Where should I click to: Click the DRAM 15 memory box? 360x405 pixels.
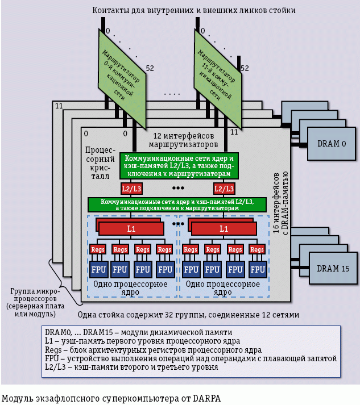point(328,268)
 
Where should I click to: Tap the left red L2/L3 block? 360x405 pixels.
point(131,188)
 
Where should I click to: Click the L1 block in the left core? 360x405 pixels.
point(131,228)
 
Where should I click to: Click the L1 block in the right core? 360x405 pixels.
point(224,228)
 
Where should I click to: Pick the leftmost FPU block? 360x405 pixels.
point(97,269)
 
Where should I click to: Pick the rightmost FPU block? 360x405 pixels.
point(258,269)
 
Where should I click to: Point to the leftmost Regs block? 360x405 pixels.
point(97,249)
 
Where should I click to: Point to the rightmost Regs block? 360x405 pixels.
point(258,249)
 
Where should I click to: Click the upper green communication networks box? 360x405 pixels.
point(179,165)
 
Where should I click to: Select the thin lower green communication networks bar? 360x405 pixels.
point(177,204)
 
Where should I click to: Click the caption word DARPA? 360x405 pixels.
point(207,398)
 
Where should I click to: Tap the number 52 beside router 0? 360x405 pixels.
point(151,68)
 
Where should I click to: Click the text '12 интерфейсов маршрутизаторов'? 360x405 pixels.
point(184,140)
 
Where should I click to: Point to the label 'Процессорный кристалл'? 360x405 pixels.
point(97,164)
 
